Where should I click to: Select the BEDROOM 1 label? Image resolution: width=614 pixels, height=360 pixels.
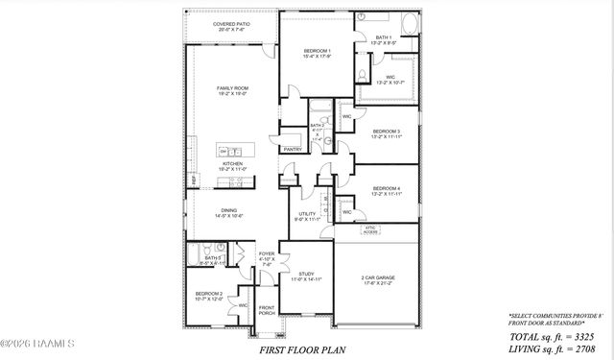317,52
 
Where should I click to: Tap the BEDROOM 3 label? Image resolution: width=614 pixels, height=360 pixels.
386,133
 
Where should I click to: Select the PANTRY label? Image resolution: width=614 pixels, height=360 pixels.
292,149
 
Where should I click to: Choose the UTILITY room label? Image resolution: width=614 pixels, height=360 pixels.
307,216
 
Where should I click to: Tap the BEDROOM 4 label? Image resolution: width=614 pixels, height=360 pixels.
386,190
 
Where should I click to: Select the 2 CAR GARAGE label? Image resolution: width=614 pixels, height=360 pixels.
378,280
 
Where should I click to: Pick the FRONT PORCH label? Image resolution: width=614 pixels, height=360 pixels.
267,310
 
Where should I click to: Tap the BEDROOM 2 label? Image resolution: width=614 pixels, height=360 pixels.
209,296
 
